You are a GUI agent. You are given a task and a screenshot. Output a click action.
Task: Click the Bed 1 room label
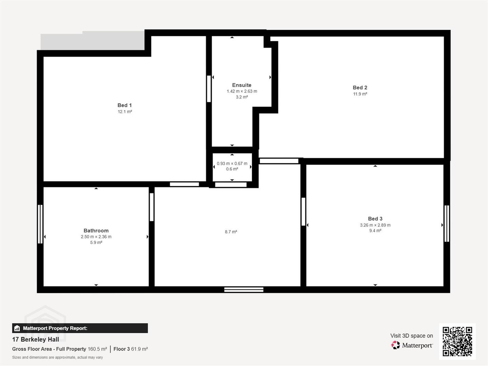[124, 105]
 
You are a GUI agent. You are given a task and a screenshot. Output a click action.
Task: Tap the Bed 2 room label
[360, 87]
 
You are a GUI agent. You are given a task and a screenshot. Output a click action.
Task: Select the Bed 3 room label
[375, 219]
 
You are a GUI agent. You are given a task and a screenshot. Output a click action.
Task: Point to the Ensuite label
[242, 85]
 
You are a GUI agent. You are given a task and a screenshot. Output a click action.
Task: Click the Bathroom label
[96, 231]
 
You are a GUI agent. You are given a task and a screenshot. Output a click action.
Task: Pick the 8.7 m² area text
[231, 232]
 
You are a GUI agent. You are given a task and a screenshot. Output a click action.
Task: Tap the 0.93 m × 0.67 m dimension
[232, 164]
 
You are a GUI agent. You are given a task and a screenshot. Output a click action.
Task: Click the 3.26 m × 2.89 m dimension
[375, 225]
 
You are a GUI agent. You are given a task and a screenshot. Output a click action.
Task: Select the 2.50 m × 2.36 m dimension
[96, 237]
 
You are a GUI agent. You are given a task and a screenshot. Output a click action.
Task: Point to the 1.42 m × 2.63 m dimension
[242, 91]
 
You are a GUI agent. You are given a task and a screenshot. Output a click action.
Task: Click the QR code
[457, 342]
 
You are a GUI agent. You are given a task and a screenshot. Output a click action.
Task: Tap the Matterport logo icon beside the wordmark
[395, 345]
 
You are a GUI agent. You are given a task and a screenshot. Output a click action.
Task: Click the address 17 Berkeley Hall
[36, 340]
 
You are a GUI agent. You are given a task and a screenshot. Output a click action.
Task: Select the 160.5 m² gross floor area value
[97, 349]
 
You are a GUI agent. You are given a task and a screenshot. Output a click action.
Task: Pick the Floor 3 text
[121, 349]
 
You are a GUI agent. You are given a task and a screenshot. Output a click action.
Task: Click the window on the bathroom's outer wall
[40, 224]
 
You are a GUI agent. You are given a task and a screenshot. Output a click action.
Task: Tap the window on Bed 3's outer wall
[447, 223]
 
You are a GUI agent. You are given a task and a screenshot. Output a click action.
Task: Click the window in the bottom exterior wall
[244, 289]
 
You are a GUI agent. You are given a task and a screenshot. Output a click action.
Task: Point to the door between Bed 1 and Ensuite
[209, 89]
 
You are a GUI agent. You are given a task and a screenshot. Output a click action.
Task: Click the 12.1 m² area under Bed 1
[125, 111]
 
